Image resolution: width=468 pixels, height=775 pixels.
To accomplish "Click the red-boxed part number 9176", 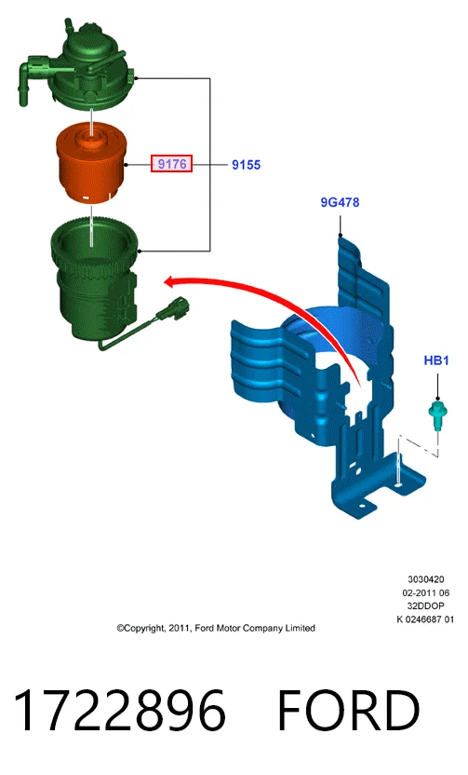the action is (x=171, y=163).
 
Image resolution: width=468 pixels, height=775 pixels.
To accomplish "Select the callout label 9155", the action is (x=246, y=165).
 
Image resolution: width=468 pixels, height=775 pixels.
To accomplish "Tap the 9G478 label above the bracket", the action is (x=340, y=202).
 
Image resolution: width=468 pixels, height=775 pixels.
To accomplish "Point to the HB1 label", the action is (x=436, y=360).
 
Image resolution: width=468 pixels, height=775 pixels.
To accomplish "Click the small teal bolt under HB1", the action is (x=437, y=415).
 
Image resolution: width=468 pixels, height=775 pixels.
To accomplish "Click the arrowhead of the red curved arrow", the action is (x=171, y=282).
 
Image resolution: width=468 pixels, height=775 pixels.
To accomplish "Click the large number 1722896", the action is (x=119, y=710).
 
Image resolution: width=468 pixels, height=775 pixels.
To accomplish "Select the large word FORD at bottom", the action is (x=349, y=710).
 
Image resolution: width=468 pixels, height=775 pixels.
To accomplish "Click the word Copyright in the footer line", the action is (x=140, y=628).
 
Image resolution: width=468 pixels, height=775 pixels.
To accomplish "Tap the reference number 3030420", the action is (x=425, y=579).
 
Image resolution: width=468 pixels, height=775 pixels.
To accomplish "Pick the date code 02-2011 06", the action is (x=425, y=592).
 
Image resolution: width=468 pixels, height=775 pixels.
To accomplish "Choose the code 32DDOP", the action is (x=425, y=606).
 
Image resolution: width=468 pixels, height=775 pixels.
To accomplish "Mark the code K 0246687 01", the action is (x=425, y=619).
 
